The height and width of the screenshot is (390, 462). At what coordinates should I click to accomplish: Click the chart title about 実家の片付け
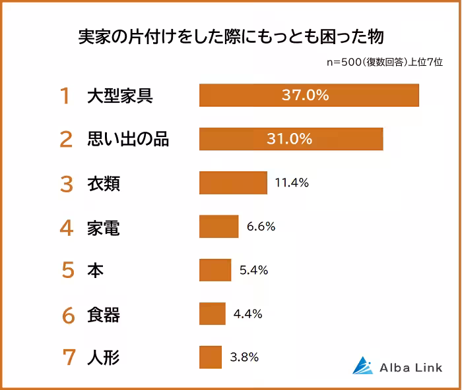(x=231, y=35)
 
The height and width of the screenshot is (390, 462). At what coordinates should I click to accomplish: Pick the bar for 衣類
(x=233, y=183)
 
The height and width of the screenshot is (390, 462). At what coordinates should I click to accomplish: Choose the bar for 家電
(x=218, y=227)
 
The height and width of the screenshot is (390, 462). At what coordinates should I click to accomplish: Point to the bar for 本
(x=215, y=270)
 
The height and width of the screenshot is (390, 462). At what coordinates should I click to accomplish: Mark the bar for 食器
(x=213, y=314)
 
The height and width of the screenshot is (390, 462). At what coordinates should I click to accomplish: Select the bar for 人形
(x=211, y=357)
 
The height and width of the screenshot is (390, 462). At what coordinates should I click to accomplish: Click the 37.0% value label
(x=305, y=95)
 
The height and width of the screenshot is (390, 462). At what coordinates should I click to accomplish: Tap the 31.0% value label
(x=289, y=139)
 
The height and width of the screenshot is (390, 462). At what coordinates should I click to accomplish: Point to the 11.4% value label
(x=292, y=183)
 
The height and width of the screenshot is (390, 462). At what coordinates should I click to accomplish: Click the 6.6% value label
(x=261, y=227)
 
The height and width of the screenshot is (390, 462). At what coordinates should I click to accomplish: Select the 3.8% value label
(x=244, y=357)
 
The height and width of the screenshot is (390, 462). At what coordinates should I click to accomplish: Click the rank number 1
(x=65, y=96)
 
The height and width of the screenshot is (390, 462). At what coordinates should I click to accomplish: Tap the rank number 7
(x=67, y=358)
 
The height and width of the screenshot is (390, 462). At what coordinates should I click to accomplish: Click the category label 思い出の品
(x=128, y=140)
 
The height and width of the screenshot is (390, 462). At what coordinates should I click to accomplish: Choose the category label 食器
(x=104, y=314)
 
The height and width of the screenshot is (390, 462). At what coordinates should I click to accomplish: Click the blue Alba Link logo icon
(x=362, y=366)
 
